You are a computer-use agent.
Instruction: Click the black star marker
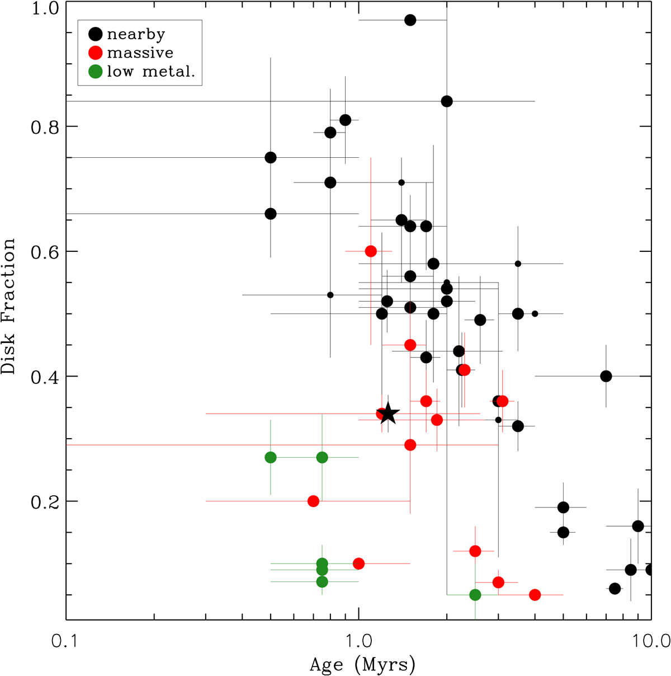click(x=388, y=414)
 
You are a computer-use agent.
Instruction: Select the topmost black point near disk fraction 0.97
click(x=410, y=20)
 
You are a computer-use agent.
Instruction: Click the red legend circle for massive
click(x=96, y=53)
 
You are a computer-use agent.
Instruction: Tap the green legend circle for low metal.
click(x=96, y=71)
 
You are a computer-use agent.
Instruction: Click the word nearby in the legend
click(x=136, y=34)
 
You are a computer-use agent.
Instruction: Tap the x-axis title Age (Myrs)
click(x=362, y=665)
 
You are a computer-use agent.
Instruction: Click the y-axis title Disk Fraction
click(x=10, y=307)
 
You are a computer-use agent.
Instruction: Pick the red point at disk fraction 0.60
click(x=370, y=251)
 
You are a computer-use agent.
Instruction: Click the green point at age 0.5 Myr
click(x=271, y=457)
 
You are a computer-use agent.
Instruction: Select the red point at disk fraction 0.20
click(x=314, y=501)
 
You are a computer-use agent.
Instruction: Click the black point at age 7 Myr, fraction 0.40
click(x=606, y=376)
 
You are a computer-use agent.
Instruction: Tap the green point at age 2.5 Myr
click(x=475, y=594)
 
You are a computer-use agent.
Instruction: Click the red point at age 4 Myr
click(x=535, y=594)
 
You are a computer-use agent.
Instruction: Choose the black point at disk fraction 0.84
click(x=447, y=101)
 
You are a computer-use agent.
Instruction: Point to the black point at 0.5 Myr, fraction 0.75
click(x=271, y=157)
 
